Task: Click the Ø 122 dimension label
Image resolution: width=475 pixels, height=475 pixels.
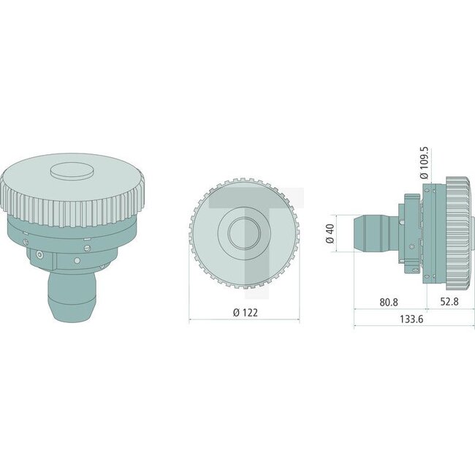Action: (x=246, y=312)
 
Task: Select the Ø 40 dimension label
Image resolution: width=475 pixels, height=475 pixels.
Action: (x=330, y=233)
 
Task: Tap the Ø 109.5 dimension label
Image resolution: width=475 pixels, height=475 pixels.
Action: (x=424, y=163)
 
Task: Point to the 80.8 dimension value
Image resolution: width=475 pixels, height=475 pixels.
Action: (x=389, y=302)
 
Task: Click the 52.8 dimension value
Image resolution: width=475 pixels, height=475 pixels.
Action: (x=449, y=301)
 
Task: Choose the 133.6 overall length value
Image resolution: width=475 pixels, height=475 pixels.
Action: (x=411, y=319)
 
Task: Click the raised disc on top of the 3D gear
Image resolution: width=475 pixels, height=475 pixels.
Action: (x=72, y=170)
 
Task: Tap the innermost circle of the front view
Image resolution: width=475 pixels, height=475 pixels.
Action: (x=244, y=233)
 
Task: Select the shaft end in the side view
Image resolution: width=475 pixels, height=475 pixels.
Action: (x=371, y=233)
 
